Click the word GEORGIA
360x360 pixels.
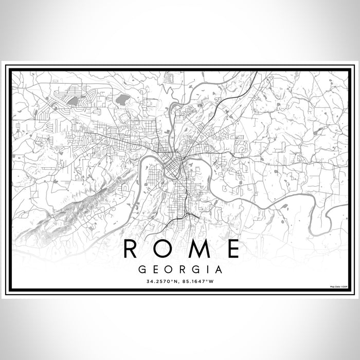[180, 269]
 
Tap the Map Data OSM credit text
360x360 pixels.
[339, 286]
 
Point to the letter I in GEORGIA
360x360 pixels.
[209, 269]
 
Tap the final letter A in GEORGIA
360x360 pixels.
[220, 269]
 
